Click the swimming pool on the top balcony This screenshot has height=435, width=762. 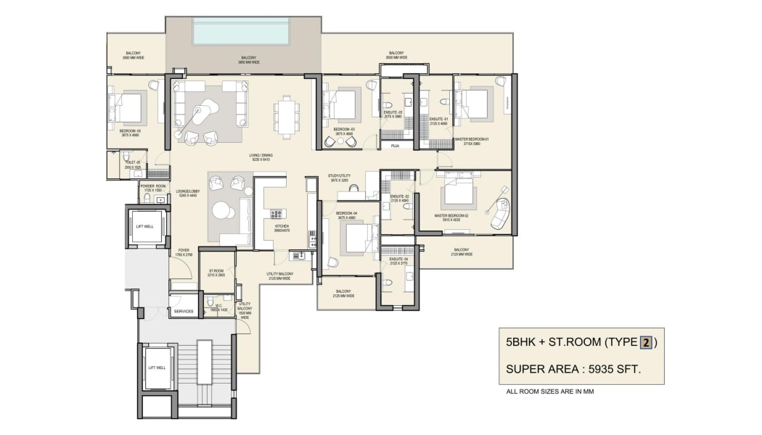[x=241, y=31]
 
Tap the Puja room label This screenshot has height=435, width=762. [x=395, y=146]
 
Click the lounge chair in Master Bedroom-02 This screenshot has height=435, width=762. [x=499, y=211]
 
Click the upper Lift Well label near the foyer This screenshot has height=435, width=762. [x=144, y=226]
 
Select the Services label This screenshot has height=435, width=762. [x=184, y=311]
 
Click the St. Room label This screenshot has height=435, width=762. [x=216, y=273]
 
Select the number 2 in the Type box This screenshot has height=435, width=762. [x=645, y=344]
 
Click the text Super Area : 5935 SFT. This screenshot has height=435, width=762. [x=573, y=370]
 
